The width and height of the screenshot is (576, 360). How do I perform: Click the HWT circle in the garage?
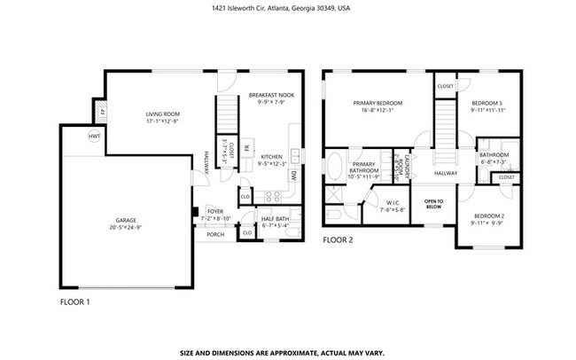(93, 137)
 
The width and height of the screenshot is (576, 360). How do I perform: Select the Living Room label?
(163, 113)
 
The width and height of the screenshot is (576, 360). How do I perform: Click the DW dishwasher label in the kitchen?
(292, 176)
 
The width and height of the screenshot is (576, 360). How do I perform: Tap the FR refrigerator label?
(248, 146)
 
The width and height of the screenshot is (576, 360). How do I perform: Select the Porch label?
(215, 235)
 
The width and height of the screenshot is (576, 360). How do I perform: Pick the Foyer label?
(215, 212)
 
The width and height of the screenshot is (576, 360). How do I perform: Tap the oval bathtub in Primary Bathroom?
(336, 168)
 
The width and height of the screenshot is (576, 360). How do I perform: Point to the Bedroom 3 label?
(488, 104)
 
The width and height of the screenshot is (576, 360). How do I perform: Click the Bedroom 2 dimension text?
(488, 223)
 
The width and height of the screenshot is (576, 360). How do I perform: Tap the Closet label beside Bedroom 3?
(445, 86)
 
